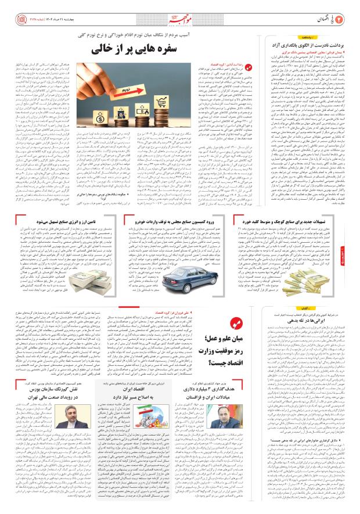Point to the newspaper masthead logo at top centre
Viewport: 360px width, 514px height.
tap(180, 8)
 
